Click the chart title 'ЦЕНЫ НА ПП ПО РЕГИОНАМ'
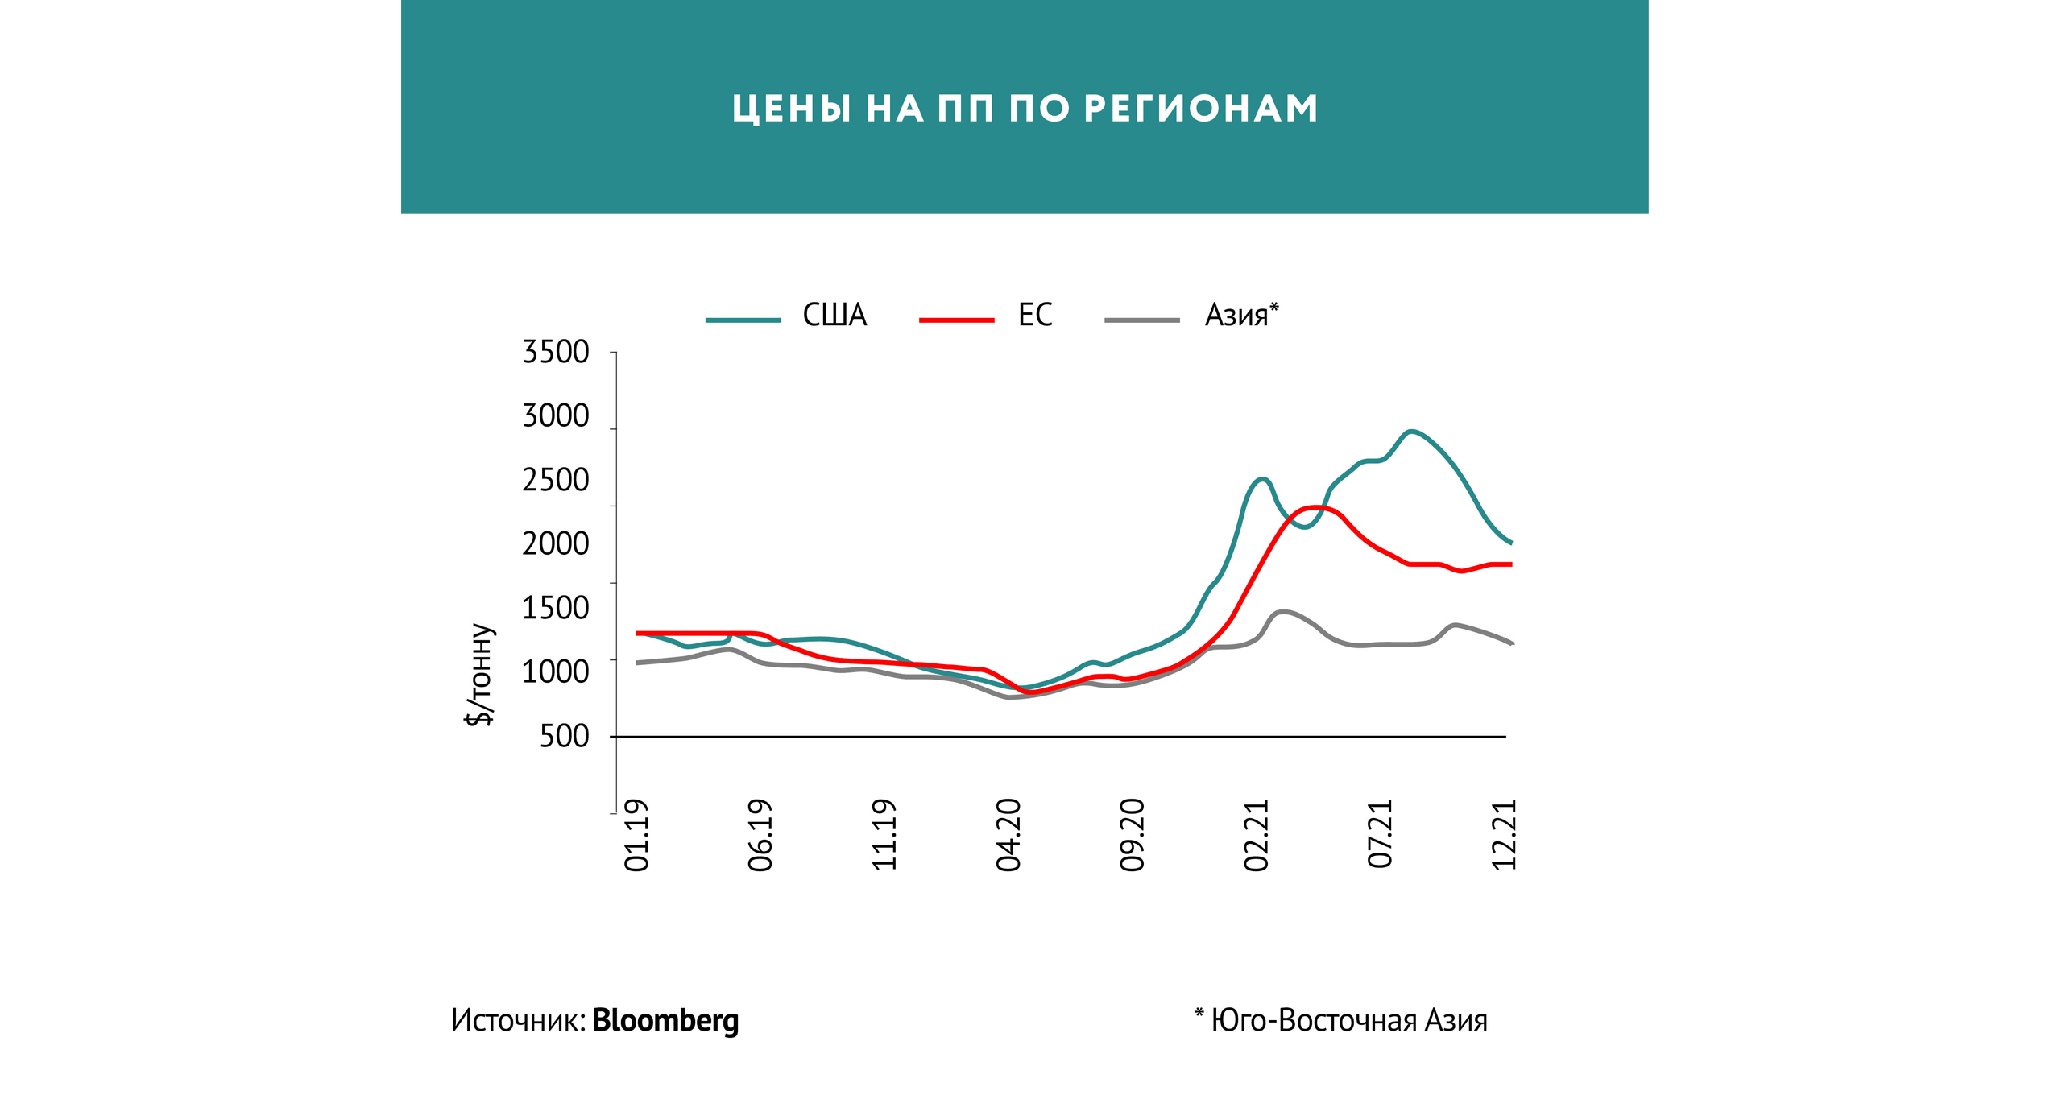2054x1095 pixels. (x=1025, y=109)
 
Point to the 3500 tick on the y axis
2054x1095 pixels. (x=556, y=353)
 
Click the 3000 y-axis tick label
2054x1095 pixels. (x=556, y=416)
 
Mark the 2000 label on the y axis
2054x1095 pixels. (x=556, y=544)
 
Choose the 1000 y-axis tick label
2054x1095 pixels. (x=556, y=671)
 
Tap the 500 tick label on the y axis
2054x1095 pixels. (x=564, y=736)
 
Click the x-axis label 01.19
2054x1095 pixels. (x=636, y=835)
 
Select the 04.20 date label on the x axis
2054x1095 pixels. (x=1008, y=835)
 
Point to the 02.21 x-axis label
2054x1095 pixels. (x=1256, y=835)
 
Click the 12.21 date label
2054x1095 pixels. (x=1504, y=835)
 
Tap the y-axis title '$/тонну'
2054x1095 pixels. (x=480, y=675)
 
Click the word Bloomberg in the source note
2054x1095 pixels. (x=665, y=1020)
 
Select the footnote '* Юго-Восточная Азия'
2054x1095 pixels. (x=1340, y=1020)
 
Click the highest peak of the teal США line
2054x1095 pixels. (x=1410, y=432)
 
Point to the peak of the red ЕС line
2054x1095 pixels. (x=1315, y=507)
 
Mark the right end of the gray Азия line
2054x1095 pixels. (x=1511, y=643)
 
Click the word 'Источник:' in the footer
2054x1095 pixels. (x=518, y=1020)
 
